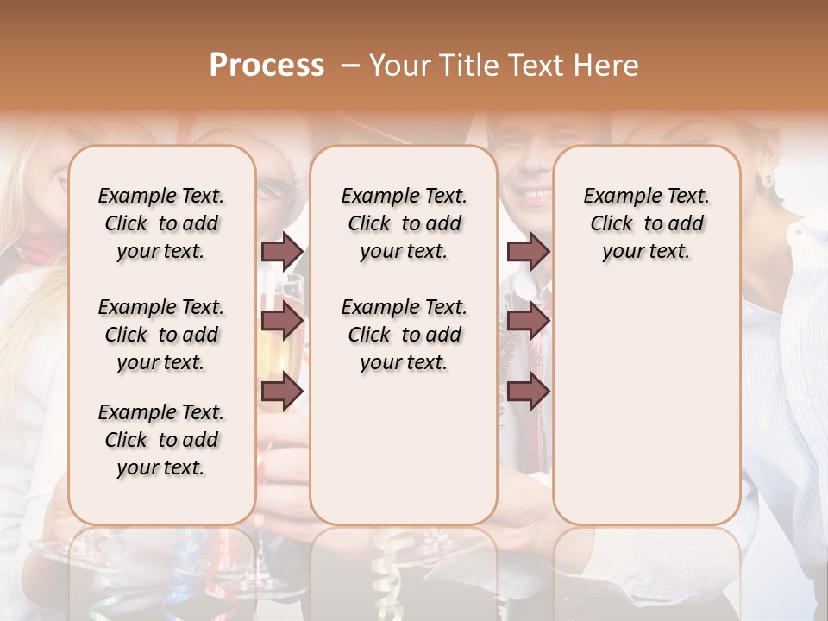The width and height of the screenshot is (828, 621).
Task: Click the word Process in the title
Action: tap(267, 66)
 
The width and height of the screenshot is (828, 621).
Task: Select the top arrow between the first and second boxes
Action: tap(282, 251)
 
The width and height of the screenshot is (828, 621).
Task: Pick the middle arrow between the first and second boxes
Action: tap(282, 322)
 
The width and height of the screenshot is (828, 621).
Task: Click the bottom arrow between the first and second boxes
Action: tap(282, 392)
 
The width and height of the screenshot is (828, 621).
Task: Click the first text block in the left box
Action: tap(161, 223)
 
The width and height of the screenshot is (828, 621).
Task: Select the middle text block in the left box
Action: tap(161, 335)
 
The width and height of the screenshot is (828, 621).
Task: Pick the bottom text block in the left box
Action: tap(161, 440)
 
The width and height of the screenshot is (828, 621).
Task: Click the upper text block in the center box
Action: tap(405, 223)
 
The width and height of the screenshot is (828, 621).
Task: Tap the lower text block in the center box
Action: tap(405, 335)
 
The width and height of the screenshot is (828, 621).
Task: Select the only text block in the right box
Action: tap(647, 223)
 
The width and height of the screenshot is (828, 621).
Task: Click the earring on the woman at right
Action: tap(764, 180)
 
